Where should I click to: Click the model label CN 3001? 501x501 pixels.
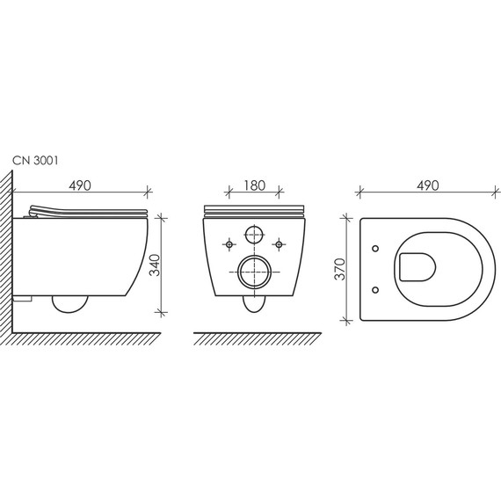coord(36,161)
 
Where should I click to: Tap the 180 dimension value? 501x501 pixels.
coord(253,186)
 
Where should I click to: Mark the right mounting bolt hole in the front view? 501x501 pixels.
coord(279,243)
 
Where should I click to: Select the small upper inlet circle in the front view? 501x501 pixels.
coord(254,236)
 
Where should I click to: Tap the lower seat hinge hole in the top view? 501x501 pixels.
coord(377,287)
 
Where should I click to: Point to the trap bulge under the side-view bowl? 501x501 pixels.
coord(70,305)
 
